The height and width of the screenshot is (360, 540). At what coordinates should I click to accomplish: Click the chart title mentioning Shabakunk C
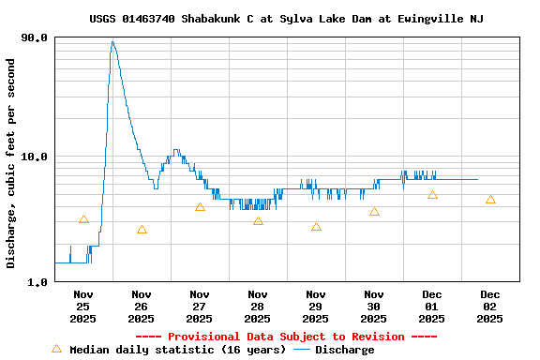[x=287, y=19]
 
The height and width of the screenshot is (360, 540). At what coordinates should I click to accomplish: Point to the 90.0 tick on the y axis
[x=34, y=37]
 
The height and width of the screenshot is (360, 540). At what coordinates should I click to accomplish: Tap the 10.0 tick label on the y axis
[x=34, y=157]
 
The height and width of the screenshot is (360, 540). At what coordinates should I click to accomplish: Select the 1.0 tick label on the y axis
[x=37, y=281]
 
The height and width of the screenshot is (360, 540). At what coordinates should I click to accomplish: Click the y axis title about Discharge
[x=11, y=163]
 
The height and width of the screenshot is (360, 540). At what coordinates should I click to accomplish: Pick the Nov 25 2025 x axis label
[x=83, y=306]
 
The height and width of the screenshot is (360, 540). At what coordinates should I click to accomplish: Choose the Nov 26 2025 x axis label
[x=142, y=306]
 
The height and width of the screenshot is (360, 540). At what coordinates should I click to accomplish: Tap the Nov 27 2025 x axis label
[x=200, y=306]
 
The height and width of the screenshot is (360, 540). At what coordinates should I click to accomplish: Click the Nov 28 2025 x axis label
[x=258, y=306]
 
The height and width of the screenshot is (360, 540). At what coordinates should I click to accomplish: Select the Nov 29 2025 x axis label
[x=316, y=306]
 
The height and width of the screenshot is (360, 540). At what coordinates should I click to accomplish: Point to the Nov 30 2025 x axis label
[x=374, y=306]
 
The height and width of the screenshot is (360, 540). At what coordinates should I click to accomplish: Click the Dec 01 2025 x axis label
[x=432, y=306]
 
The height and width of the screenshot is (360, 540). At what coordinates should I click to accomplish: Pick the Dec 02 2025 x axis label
[x=490, y=306]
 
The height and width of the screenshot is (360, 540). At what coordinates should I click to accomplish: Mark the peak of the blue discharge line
[x=112, y=41]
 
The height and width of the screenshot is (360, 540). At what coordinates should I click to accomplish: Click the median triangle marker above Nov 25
[x=83, y=219]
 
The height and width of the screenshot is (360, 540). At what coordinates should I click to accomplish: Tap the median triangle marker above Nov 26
[x=142, y=230]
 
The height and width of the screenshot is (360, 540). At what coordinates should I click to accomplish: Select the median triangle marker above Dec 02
[x=490, y=200]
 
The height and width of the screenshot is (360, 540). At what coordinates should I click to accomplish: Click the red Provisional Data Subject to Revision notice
[x=286, y=337]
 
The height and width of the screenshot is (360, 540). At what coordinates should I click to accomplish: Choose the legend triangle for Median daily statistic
[x=56, y=349]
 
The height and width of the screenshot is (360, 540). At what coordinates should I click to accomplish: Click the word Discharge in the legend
[x=344, y=350]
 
